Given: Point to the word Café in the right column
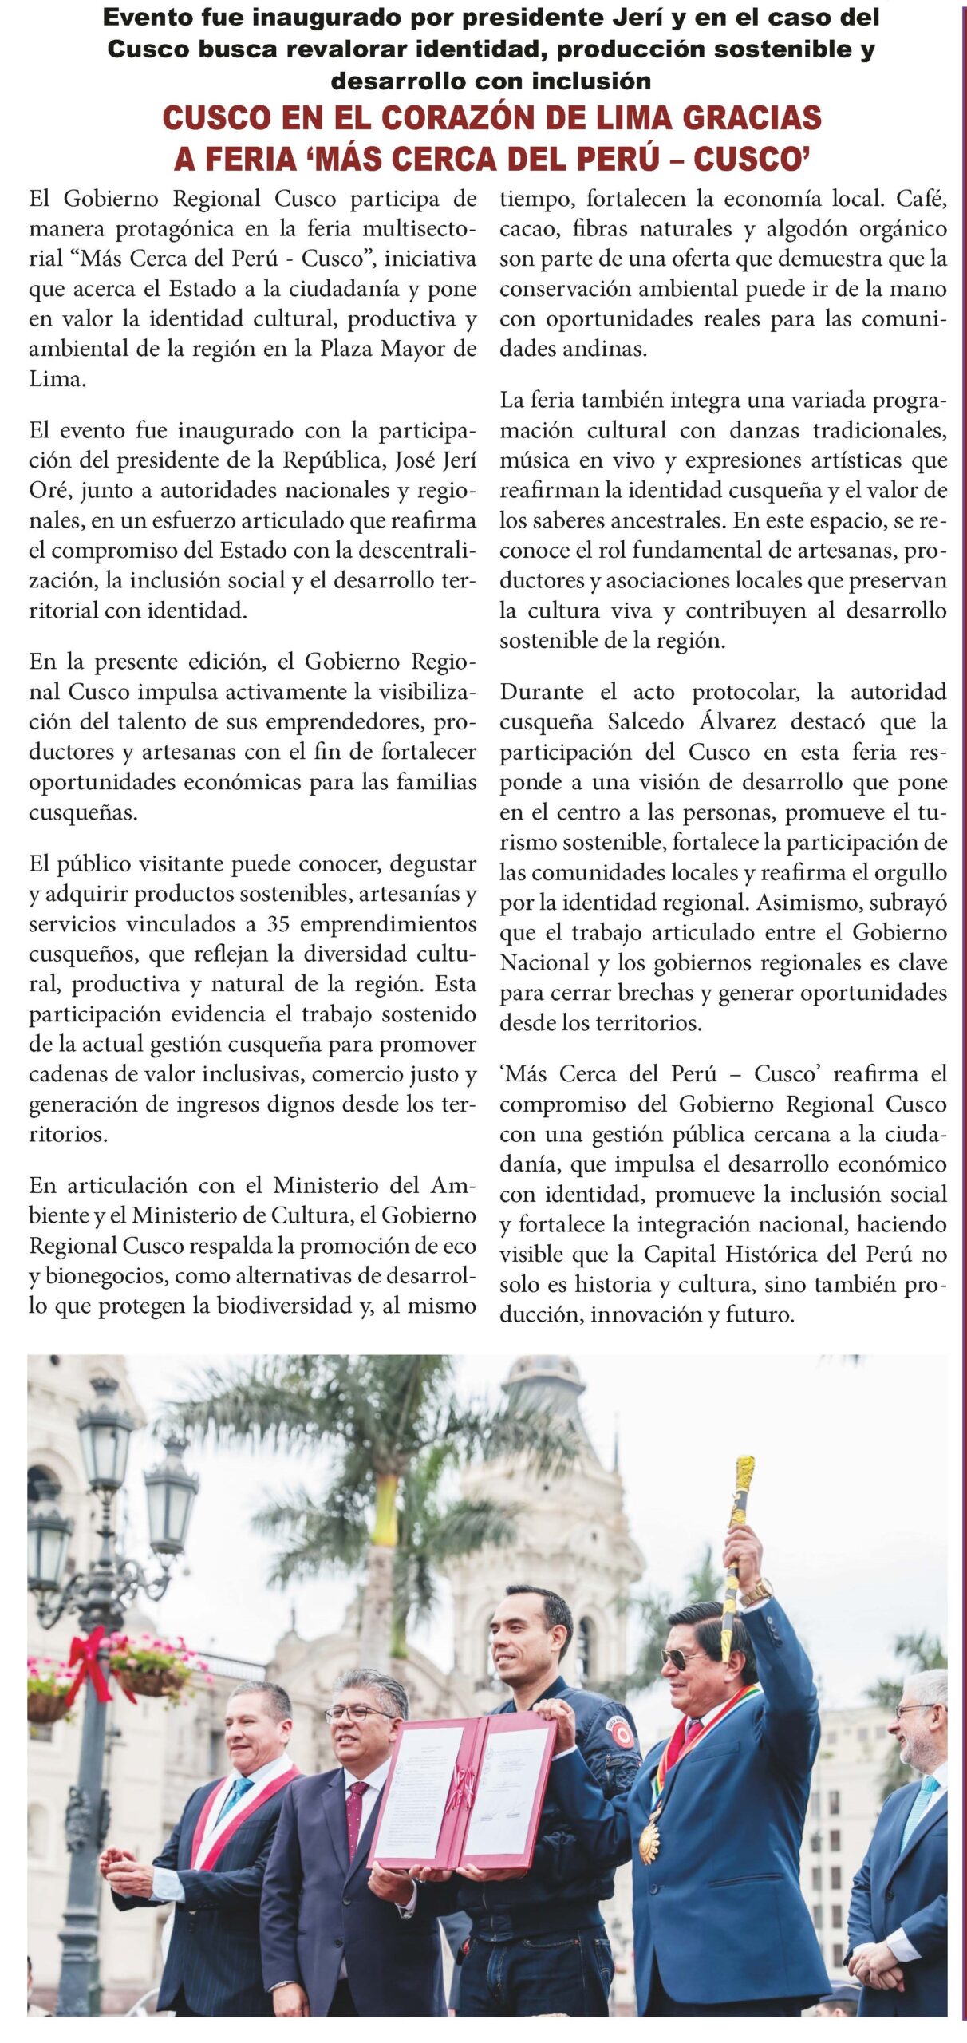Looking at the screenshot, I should point(922,199).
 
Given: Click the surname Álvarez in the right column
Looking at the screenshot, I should point(737,722).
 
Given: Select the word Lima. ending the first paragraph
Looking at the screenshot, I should point(57,379).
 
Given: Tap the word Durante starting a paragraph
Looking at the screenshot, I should point(542,692).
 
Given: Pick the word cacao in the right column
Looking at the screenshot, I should point(527,229).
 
